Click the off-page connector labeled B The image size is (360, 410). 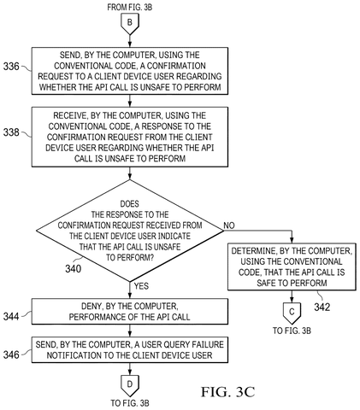(x=130, y=25)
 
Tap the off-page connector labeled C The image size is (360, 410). (x=292, y=313)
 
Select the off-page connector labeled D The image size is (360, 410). (x=130, y=386)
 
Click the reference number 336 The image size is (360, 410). (x=11, y=67)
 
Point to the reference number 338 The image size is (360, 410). (x=11, y=132)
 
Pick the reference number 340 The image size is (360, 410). (x=74, y=268)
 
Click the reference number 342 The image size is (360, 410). (x=322, y=307)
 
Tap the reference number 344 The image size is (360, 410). (x=11, y=316)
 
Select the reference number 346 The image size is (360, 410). (x=11, y=354)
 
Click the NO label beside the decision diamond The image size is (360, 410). (x=229, y=225)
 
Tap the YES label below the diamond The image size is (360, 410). (x=141, y=286)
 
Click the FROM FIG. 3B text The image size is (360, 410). (x=130, y=7)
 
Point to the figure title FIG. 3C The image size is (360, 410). (x=227, y=392)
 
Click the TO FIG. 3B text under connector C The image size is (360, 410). (x=292, y=331)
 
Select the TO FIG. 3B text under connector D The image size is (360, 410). (x=130, y=403)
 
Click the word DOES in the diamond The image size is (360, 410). (x=130, y=204)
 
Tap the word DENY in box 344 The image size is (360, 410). (x=92, y=306)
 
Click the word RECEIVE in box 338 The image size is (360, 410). (x=70, y=115)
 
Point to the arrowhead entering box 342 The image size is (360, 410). (x=292, y=241)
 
